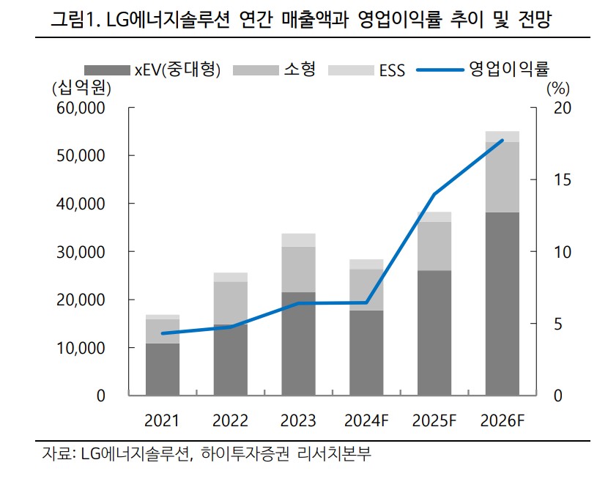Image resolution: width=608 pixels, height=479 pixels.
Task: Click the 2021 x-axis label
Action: point(163,421)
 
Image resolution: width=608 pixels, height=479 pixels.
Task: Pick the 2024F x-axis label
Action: point(366,421)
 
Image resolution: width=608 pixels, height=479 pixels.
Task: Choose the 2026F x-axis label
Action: point(503,421)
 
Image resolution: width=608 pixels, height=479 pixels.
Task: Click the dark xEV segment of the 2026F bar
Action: point(503,304)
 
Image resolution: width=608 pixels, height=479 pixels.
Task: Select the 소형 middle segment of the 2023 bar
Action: point(298,270)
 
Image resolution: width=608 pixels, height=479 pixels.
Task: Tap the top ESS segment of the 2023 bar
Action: point(298,240)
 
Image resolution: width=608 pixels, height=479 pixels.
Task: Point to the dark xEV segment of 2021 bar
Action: point(163,370)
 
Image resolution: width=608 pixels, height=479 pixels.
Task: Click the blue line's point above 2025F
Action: point(434,194)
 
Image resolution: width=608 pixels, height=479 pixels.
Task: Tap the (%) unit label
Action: point(557,89)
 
